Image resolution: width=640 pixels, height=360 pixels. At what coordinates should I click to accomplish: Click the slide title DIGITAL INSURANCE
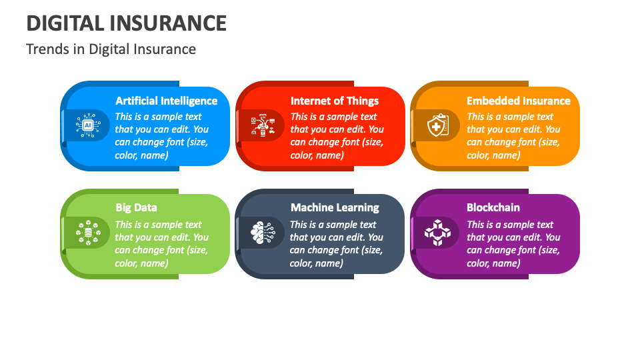point(127,23)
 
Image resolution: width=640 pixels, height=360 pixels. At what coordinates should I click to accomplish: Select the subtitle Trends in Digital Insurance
point(111,49)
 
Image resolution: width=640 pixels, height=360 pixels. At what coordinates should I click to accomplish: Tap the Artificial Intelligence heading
point(166,101)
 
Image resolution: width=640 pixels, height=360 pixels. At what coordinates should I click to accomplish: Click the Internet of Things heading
point(334,101)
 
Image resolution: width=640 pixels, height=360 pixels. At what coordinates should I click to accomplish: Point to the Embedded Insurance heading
point(518,101)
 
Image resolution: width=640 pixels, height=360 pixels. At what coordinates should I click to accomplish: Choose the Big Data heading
point(136,207)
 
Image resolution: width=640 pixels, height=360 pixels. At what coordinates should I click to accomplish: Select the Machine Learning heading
point(334,207)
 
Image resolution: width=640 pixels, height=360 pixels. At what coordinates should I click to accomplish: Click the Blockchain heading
point(493,207)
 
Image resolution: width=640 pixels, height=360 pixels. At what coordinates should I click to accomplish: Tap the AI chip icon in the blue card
point(87,125)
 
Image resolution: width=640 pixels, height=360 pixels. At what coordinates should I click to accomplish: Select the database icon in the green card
point(87,233)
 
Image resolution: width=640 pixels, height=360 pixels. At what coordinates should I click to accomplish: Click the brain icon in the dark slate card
point(262,233)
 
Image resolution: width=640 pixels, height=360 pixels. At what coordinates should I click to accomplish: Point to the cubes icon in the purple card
point(437,233)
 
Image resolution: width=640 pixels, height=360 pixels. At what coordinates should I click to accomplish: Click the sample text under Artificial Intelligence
point(161,136)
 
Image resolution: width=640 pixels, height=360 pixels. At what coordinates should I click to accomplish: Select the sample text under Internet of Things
point(337,136)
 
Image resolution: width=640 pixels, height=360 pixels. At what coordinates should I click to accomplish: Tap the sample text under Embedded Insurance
point(513,136)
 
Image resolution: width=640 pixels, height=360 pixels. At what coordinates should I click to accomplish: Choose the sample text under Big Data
point(161,244)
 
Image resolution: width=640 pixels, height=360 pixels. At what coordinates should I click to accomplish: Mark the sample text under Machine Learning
point(336,244)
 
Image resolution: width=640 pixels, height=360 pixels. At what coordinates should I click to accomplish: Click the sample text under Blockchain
point(513,244)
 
